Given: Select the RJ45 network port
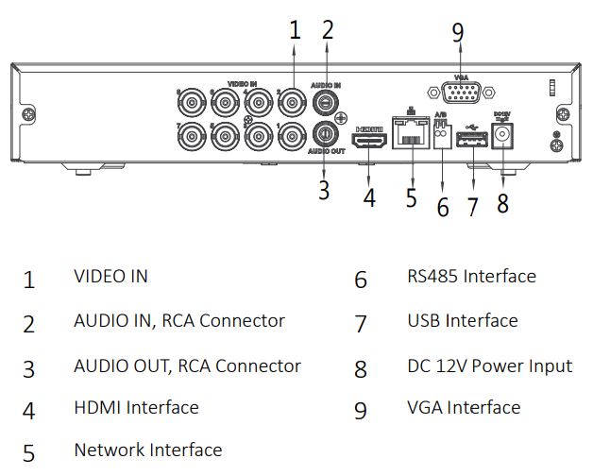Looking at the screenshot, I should tap(413, 139).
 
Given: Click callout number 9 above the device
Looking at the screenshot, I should tap(458, 33).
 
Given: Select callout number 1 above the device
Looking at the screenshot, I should tap(295, 29).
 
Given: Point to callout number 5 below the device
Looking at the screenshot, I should tap(411, 198).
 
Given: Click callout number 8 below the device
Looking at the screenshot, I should tap(502, 203).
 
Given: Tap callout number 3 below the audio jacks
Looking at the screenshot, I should tap(324, 190).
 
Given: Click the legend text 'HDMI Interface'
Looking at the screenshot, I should tap(136, 407).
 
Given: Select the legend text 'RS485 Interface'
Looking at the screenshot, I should tap(471, 277).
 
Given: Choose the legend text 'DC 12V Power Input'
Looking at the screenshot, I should tap(489, 365).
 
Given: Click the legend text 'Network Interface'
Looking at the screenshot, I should tap(147, 450).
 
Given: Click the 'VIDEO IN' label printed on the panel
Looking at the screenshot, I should tap(242, 84).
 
